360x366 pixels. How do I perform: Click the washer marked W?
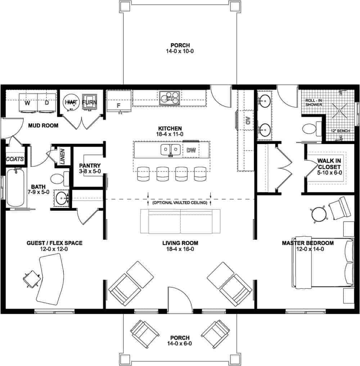[27, 102]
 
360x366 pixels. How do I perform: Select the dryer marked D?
[47, 102]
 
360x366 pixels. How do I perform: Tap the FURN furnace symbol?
[89, 102]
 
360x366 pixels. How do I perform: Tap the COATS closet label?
[15, 159]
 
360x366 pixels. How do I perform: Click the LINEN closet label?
[62, 156]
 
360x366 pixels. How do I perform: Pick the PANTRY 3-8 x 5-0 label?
[87, 168]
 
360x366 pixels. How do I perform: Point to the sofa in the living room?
[180, 221]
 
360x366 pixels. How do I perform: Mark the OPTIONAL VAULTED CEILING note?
[180, 203]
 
